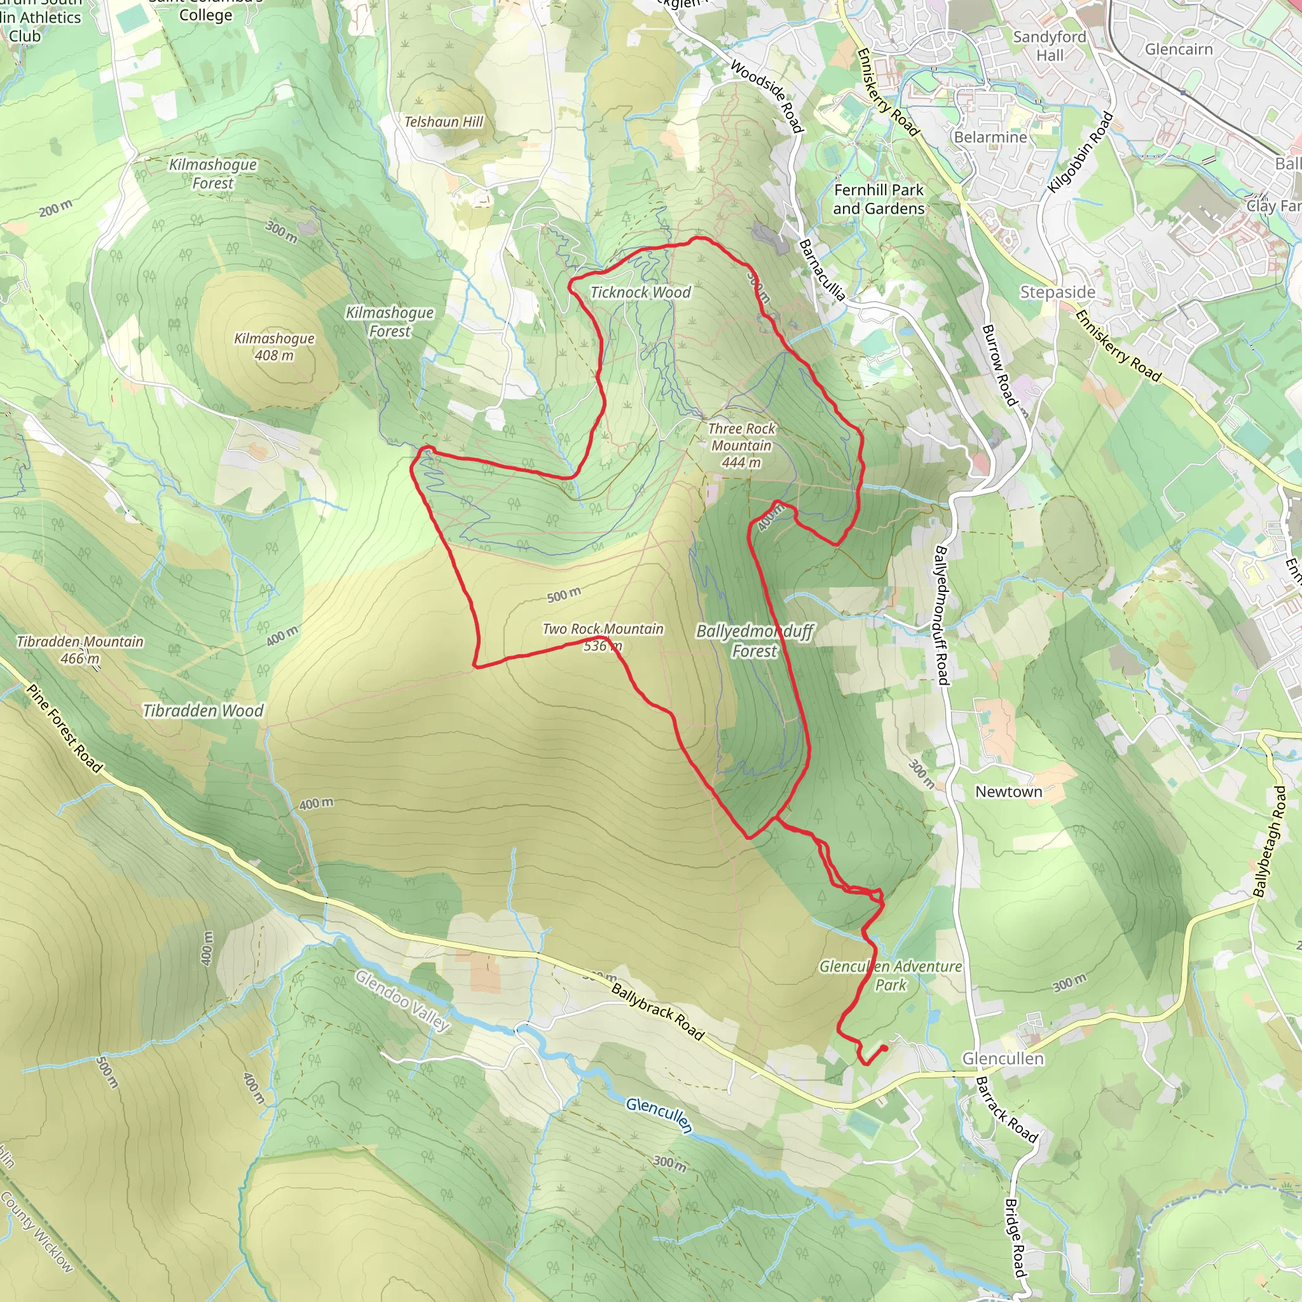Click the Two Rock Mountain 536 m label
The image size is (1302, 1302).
click(x=603, y=637)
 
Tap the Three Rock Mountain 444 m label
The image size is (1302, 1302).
click(x=741, y=446)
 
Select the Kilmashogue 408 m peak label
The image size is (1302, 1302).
click(x=273, y=346)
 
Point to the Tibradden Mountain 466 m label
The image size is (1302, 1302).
click(x=80, y=650)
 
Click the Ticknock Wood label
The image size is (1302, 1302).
click(x=640, y=292)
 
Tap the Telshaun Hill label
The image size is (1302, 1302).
click(x=444, y=122)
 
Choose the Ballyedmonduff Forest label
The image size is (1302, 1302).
click(x=755, y=641)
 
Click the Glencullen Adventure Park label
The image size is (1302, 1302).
click(x=890, y=975)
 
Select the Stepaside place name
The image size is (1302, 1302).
click(x=1057, y=292)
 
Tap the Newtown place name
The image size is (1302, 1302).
click(x=1008, y=792)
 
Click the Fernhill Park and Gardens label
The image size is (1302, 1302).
click(x=878, y=200)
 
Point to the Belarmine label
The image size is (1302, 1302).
click(x=990, y=137)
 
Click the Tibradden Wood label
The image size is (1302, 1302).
click(x=203, y=710)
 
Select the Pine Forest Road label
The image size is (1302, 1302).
click(x=64, y=729)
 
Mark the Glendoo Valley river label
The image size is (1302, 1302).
click(x=402, y=1000)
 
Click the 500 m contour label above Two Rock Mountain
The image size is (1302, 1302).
click(x=563, y=595)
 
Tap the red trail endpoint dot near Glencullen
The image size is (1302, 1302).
click(x=884, y=1048)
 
